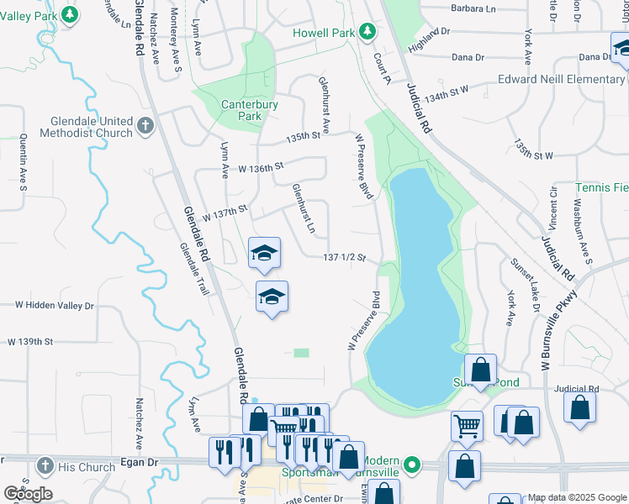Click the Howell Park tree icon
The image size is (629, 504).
click(x=367, y=32)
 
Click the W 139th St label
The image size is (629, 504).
click(x=30, y=342)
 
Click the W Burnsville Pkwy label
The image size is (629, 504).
click(x=559, y=330)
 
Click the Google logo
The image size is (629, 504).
click(x=28, y=494)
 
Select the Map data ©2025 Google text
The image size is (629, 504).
click(x=577, y=497)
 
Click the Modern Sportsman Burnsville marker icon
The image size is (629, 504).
click(x=411, y=464)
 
